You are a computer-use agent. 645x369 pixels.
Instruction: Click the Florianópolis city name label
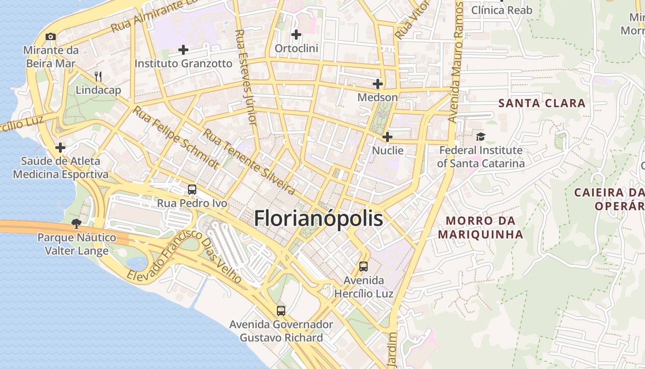coord(318,218)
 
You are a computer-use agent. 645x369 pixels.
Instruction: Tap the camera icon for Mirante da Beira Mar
coord(51,36)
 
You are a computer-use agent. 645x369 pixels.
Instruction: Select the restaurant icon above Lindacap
coord(98,76)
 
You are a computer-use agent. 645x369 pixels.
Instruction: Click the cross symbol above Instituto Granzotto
coord(183,49)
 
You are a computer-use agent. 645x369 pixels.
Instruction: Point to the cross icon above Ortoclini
coord(296,35)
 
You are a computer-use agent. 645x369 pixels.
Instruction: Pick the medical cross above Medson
coord(378,84)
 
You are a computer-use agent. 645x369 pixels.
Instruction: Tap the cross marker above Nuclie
coord(387,137)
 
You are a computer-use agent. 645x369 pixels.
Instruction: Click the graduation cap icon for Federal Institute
coord(481,137)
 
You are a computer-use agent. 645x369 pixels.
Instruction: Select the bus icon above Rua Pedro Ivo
coord(192,190)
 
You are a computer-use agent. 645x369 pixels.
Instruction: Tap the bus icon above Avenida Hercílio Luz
coord(364,267)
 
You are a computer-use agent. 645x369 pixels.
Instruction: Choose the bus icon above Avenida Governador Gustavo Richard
coord(281,310)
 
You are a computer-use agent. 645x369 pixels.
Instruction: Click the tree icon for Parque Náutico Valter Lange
coord(76,224)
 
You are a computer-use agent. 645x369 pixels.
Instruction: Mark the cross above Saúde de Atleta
coord(60,148)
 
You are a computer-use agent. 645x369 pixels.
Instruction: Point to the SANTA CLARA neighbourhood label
coord(542,103)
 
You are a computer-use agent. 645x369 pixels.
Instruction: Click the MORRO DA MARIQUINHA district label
coord(481,227)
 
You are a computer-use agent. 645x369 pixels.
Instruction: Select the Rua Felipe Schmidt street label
coord(176,137)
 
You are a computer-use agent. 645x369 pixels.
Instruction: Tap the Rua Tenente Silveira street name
coord(249,161)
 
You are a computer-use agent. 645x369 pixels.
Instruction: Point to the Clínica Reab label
coord(502,10)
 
